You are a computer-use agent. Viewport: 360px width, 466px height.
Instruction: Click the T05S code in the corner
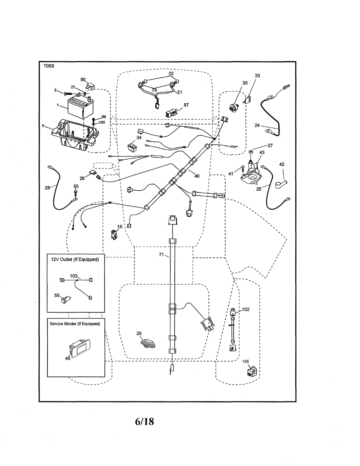49,66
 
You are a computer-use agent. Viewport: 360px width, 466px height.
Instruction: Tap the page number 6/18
144,421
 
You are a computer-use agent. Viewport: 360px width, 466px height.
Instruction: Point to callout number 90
83,79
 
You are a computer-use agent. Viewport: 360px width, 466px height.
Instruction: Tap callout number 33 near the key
257,75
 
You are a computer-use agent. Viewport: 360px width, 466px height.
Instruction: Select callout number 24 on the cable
257,125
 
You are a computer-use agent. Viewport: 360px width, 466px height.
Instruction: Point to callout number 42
282,164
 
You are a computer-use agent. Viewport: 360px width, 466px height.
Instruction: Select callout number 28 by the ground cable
47,188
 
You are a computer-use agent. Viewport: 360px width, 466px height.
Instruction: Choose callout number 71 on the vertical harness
161,255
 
